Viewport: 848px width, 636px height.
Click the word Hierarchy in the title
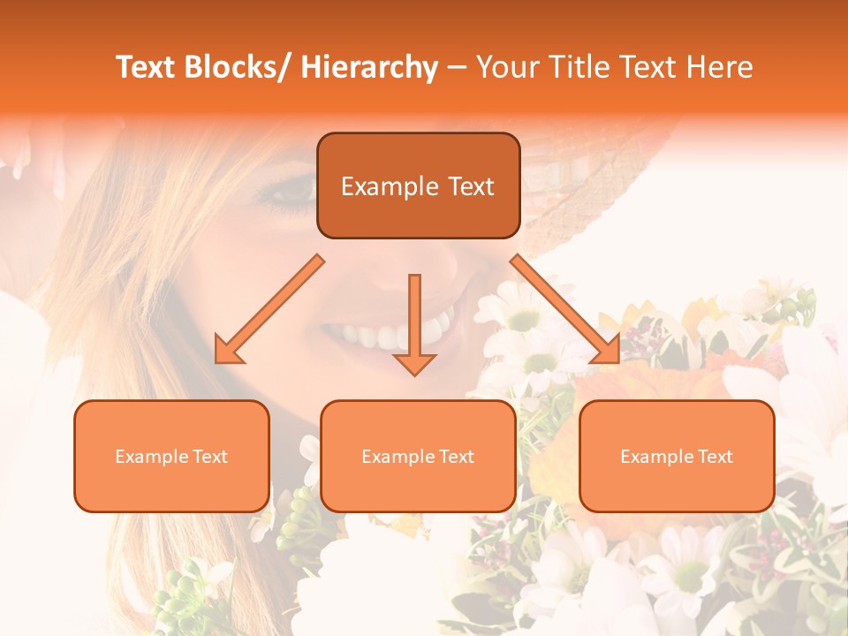[369, 67]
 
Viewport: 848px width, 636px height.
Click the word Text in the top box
[470, 186]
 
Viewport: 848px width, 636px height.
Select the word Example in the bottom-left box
[147, 457]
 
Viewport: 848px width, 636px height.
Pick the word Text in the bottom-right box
[715, 457]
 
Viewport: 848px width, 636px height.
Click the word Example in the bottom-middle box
[394, 457]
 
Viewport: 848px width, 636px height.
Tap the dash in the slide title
[457, 67]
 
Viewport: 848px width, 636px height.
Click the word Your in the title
[507, 67]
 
